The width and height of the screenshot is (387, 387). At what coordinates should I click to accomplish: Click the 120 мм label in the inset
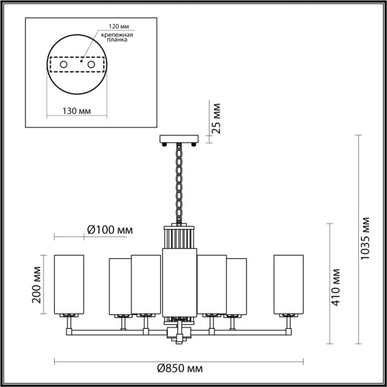click(115, 29)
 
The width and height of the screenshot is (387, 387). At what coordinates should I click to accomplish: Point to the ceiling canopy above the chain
click(179, 140)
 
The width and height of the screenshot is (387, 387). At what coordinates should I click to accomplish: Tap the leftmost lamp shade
click(69, 284)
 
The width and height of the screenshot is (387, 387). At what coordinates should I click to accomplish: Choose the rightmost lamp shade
click(289, 284)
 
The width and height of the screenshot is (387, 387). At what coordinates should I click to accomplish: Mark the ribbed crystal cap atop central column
click(179, 238)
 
